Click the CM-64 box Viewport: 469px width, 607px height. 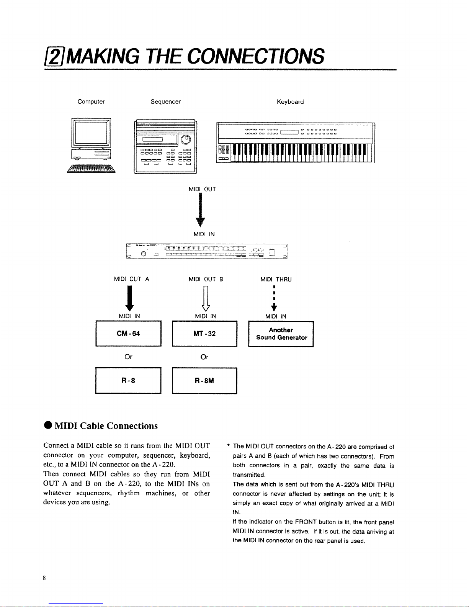click(128, 334)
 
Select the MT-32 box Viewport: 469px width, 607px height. click(204, 334)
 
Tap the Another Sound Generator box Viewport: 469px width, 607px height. click(281, 334)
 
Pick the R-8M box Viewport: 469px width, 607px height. click(204, 380)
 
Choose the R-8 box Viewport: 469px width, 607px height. click(128, 380)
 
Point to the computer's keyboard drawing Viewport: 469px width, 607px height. click(92, 169)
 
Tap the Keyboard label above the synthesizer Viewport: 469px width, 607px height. click(290, 102)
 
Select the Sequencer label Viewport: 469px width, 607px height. click(165, 102)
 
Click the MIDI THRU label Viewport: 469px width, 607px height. click(276, 280)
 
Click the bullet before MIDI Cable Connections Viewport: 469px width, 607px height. click(48, 426)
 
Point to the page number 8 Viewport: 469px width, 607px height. click(44, 578)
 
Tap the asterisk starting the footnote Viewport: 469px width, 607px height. click(228, 446)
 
